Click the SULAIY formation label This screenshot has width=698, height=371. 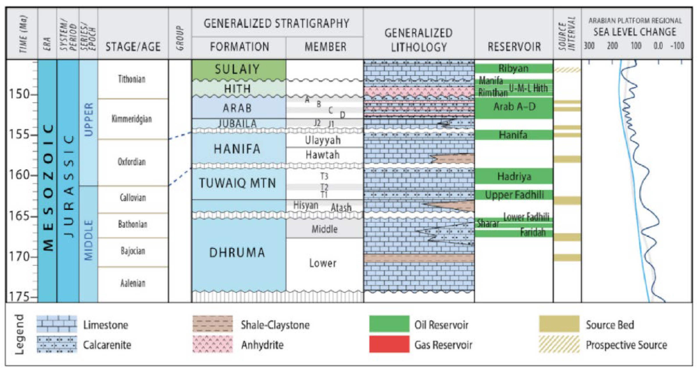[x=237, y=69]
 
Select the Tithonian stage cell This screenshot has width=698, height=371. [x=132, y=79]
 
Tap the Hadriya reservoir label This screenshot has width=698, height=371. [x=514, y=176]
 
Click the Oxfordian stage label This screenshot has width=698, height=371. [x=132, y=162]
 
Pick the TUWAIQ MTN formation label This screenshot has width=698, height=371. [x=237, y=183]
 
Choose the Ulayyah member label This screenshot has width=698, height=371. [x=322, y=140]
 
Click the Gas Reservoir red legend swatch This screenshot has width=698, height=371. [x=389, y=344]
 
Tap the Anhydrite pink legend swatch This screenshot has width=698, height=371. [x=213, y=344]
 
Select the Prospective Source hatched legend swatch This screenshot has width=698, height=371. [x=559, y=344]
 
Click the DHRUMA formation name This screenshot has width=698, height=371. [x=237, y=252]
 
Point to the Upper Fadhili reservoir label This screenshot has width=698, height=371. [x=514, y=195]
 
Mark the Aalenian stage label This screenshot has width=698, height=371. [x=133, y=283]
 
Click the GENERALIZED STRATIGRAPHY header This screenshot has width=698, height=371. [x=276, y=23]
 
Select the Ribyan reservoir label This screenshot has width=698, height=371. [x=514, y=68]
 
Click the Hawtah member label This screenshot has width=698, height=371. [x=322, y=155]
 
